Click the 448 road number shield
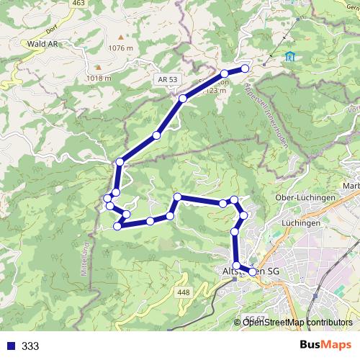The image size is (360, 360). pos(183,292)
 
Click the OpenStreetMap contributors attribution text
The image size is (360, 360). pos(297,323)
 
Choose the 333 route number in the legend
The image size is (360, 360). pos(30,346)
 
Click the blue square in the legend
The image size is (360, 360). pos(10,346)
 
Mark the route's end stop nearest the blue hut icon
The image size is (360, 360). pos(245,68)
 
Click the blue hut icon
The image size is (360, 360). pos(289,56)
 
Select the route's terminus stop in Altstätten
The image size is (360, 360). pos(253,271)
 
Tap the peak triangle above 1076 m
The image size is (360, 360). pos(120,35)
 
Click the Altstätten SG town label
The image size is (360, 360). pos(248,271)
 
